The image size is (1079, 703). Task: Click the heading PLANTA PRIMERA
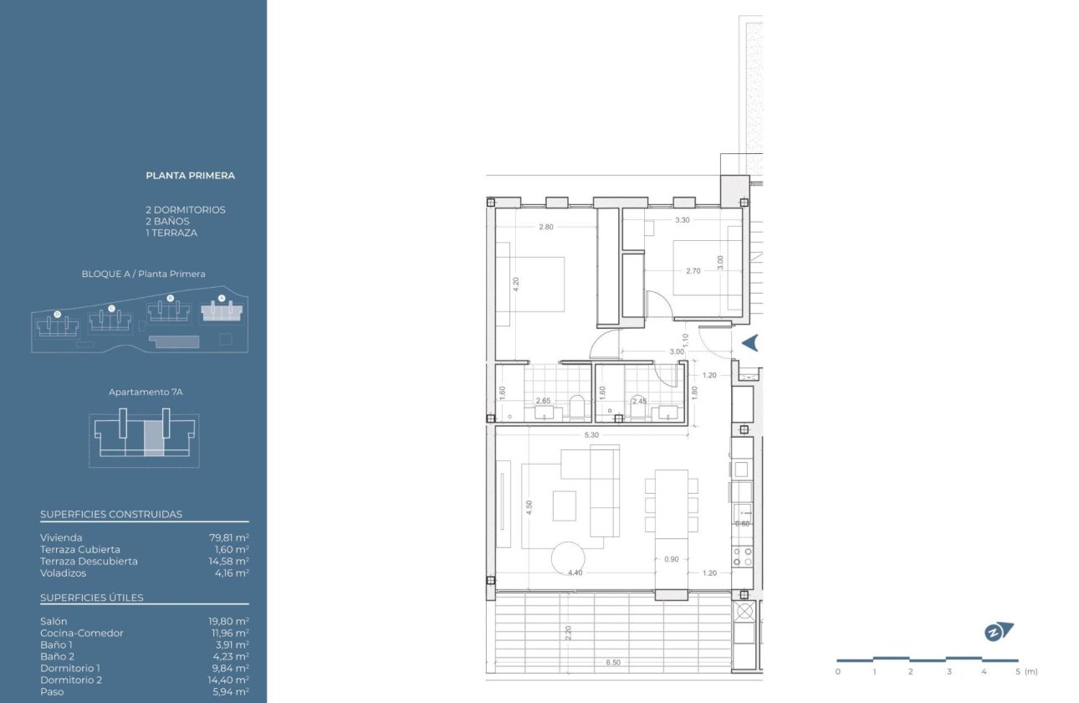coord(190,176)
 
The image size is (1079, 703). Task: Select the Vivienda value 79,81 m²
coord(228,537)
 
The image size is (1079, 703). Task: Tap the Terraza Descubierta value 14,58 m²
coord(228,561)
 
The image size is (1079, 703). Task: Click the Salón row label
coord(54,621)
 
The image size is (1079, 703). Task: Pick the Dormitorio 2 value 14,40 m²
coord(228,680)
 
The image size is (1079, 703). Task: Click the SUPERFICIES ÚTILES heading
coord(92,598)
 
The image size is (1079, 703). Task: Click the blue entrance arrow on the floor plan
coord(749,342)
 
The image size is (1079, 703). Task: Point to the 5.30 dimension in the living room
coord(591,435)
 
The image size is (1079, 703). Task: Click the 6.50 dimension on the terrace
coord(613,663)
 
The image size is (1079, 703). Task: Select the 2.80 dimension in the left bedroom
coord(546,227)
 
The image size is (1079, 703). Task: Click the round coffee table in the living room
coord(569,558)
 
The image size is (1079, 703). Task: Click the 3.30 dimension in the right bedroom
coord(682,220)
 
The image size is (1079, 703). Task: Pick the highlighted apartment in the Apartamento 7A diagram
coord(154,439)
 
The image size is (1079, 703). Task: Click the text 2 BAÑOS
coord(167,221)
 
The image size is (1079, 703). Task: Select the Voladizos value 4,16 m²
coord(231,573)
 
